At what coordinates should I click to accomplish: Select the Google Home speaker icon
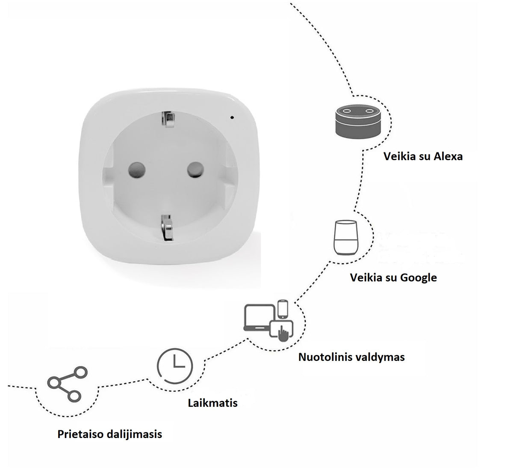(x=344, y=238)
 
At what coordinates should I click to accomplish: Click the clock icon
(x=175, y=365)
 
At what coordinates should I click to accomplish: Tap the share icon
(x=64, y=383)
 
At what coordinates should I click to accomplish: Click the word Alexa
(x=448, y=156)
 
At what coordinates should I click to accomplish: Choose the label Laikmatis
(x=212, y=402)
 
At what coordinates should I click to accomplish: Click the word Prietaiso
(x=82, y=434)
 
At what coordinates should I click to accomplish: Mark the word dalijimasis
(x=135, y=434)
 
